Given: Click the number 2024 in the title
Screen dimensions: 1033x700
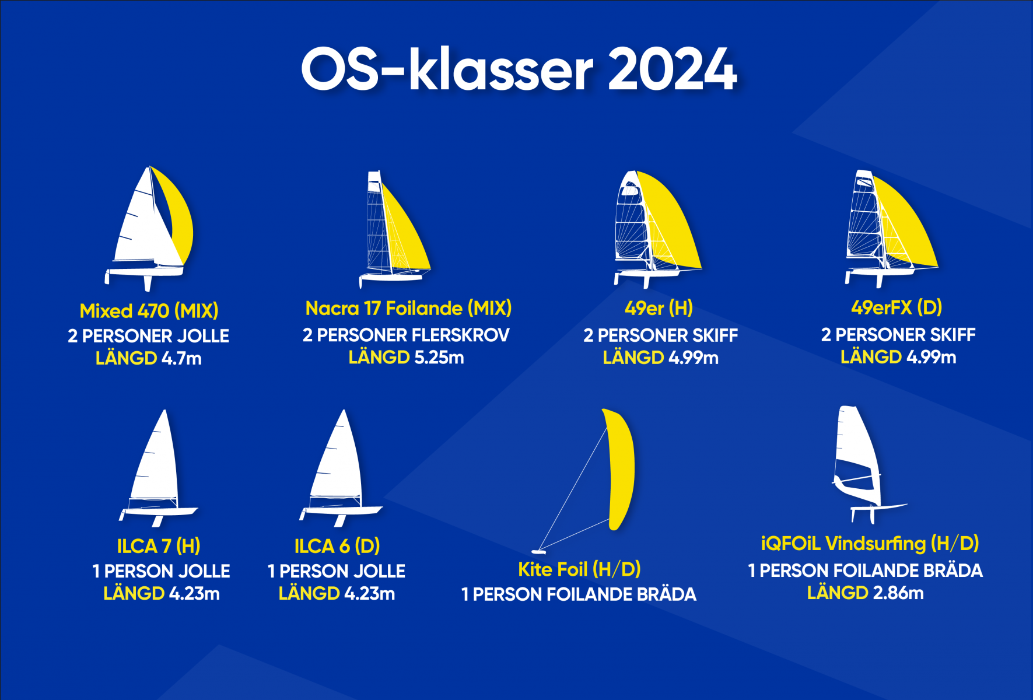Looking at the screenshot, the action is tap(673, 69).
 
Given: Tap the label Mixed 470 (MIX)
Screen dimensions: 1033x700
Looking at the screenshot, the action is tap(149, 311).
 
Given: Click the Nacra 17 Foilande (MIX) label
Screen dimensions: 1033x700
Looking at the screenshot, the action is tap(408, 308).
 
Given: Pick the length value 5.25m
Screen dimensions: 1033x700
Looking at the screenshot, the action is tap(439, 357).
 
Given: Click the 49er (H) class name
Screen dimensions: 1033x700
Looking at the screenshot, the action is tap(659, 308).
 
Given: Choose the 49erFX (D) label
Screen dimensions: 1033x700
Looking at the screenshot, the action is tap(897, 307).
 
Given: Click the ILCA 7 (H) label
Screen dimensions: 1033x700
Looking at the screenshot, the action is tap(159, 546).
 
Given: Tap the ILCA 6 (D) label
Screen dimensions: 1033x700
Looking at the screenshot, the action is tap(337, 546).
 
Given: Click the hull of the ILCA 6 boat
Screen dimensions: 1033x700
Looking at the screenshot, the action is tap(341, 511).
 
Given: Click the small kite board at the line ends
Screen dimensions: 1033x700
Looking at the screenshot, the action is tap(538, 551).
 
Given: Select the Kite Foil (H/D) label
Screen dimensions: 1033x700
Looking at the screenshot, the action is tap(579, 569).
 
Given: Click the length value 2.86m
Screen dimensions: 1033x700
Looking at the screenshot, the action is tap(898, 593).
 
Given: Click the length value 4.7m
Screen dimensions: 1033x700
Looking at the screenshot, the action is tap(181, 358).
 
